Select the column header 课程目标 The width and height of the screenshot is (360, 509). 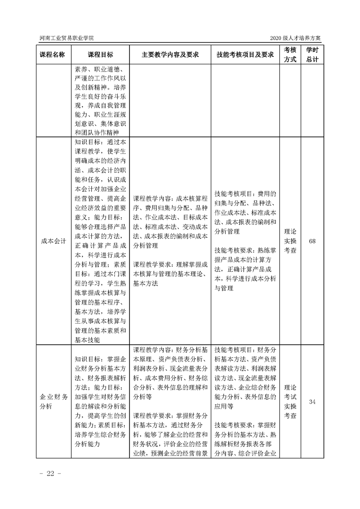tap(100, 54)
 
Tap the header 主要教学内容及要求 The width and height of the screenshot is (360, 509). tap(170, 54)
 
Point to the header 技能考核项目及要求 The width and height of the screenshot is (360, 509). tap(245, 54)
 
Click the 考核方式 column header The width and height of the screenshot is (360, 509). tap(290, 54)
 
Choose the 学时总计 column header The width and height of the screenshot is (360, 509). tap(312, 54)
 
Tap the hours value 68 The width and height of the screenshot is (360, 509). tap(312, 241)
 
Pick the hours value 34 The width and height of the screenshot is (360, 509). tap(312, 401)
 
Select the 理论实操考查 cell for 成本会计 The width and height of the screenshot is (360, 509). tap(290, 241)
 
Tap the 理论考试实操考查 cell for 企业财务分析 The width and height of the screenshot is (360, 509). tap(290, 401)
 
